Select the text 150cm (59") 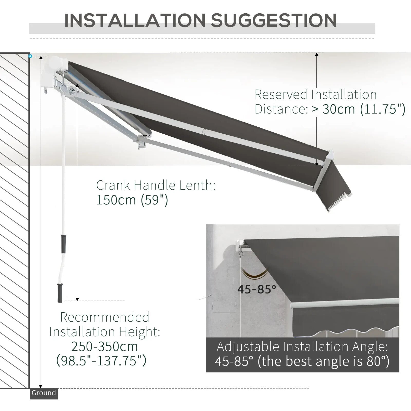(132, 200)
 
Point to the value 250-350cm (104, 347)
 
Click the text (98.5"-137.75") (101, 361)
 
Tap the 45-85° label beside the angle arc (257, 289)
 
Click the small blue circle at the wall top (30, 56)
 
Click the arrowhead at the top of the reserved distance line (316, 54)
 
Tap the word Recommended (105, 317)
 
